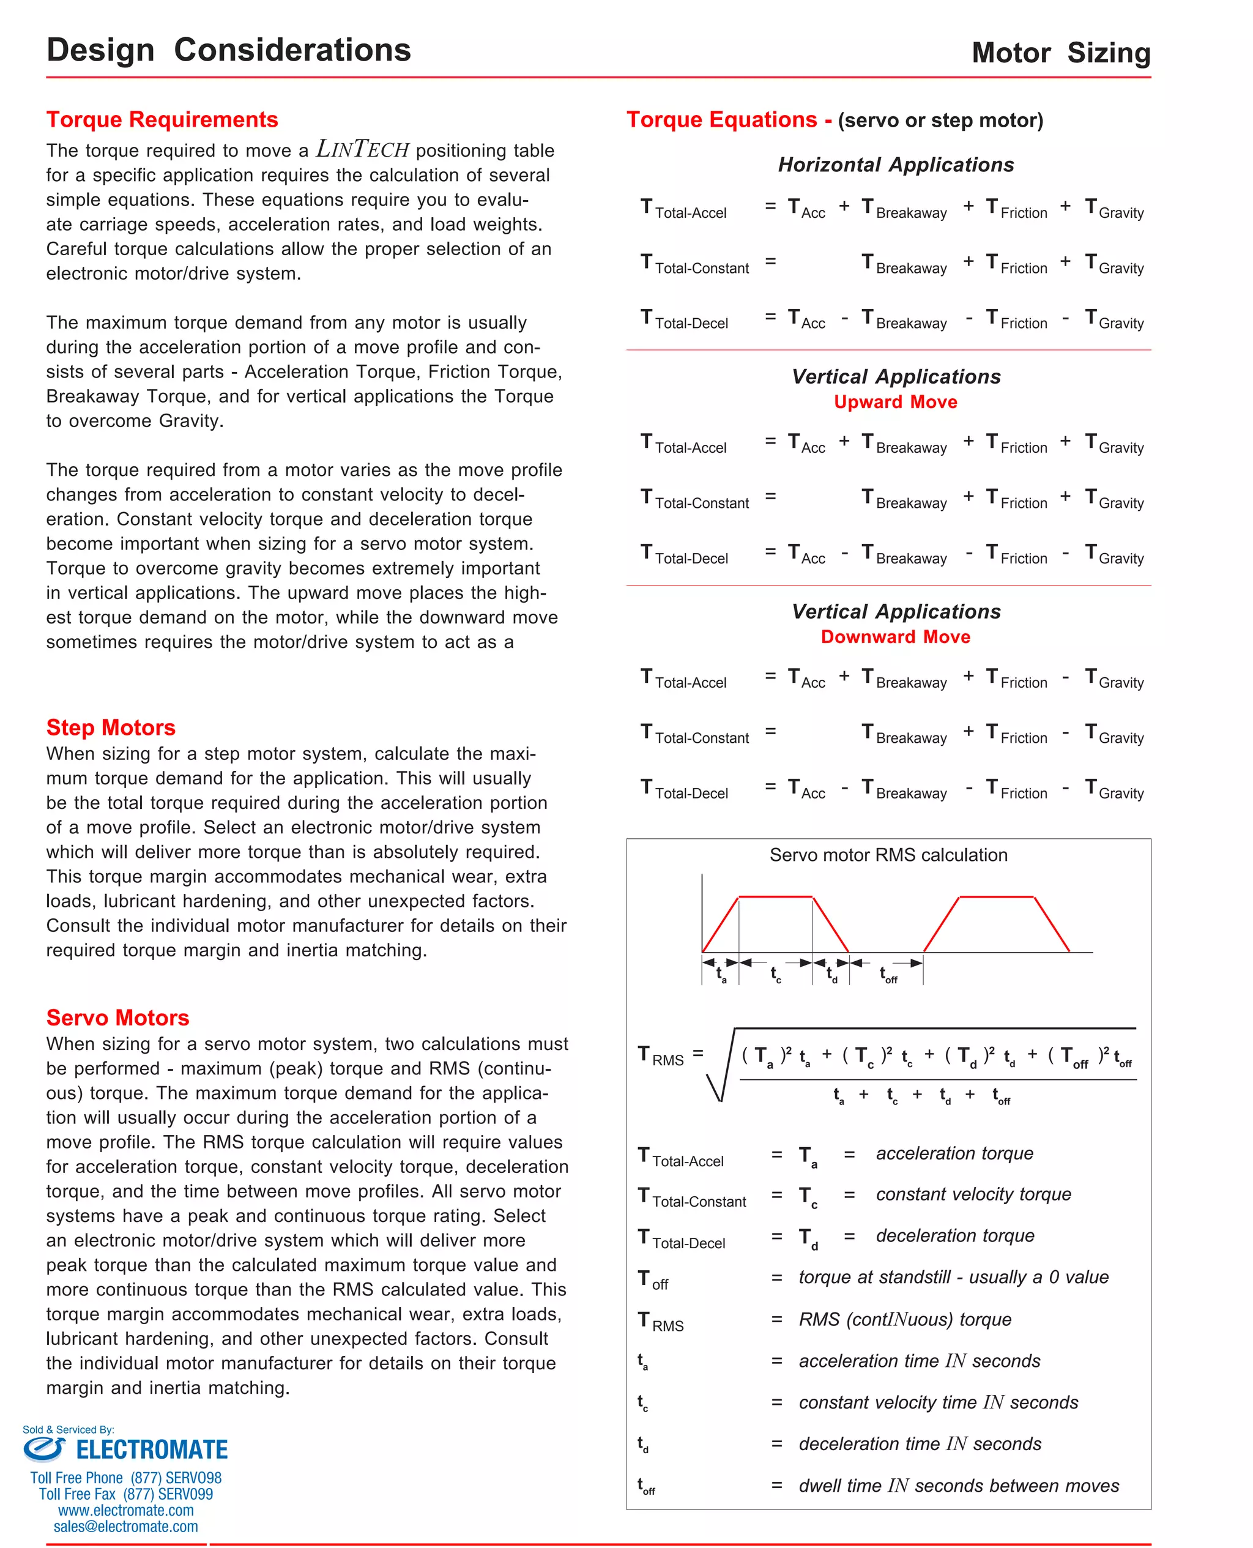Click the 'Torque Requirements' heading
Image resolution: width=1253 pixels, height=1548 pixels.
162,119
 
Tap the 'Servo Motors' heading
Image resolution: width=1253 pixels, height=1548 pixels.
117,1017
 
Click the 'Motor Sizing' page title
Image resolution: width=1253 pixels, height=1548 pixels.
1060,53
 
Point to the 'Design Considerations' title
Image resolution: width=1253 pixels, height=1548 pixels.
228,50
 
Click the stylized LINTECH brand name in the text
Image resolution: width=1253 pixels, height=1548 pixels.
362,149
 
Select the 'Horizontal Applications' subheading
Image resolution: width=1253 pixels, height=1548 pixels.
895,165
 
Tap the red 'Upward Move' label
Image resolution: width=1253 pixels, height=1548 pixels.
895,402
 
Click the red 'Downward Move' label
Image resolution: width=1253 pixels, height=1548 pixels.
895,636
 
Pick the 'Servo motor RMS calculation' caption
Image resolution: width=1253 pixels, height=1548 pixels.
888,855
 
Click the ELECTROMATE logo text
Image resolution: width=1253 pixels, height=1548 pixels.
152,1450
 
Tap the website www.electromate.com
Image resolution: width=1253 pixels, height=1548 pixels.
125,1509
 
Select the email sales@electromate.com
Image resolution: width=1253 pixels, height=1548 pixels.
125,1527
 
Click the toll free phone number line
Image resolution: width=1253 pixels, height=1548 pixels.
125,1477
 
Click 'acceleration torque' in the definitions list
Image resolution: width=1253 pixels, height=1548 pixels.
954,1153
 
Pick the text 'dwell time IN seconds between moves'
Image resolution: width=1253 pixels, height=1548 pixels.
959,1485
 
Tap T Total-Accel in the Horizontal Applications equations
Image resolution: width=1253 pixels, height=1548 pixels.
683,209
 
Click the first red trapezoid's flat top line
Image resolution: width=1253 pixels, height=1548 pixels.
775,897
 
